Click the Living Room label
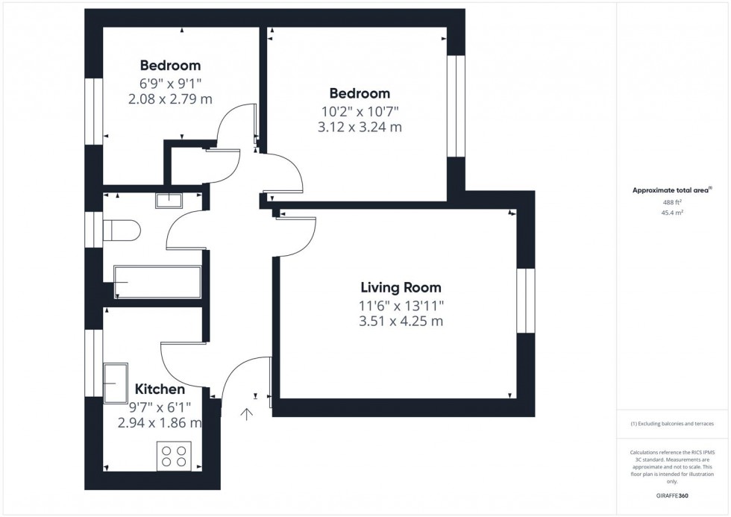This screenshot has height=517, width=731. pyautogui.click(x=401, y=287)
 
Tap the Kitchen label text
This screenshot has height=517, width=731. pyautogui.click(x=160, y=389)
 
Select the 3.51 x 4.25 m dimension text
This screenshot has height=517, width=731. pyautogui.click(x=401, y=322)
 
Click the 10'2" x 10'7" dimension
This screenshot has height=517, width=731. pyautogui.click(x=360, y=111)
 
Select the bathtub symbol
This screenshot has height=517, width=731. pyautogui.click(x=157, y=282)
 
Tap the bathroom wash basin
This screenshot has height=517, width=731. pyautogui.click(x=169, y=199)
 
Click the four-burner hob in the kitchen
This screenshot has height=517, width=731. pyautogui.click(x=174, y=454)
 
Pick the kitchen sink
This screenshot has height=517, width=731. pyautogui.click(x=116, y=382)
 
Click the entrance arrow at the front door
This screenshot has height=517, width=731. pyautogui.click(x=247, y=415)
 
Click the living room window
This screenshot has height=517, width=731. pyautogui.click(x=525, y=301)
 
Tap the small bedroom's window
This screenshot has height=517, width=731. pyautogui.click(x=93, y=111)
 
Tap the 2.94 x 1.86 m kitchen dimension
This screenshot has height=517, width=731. pyautogui.click(x=160, y=422)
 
